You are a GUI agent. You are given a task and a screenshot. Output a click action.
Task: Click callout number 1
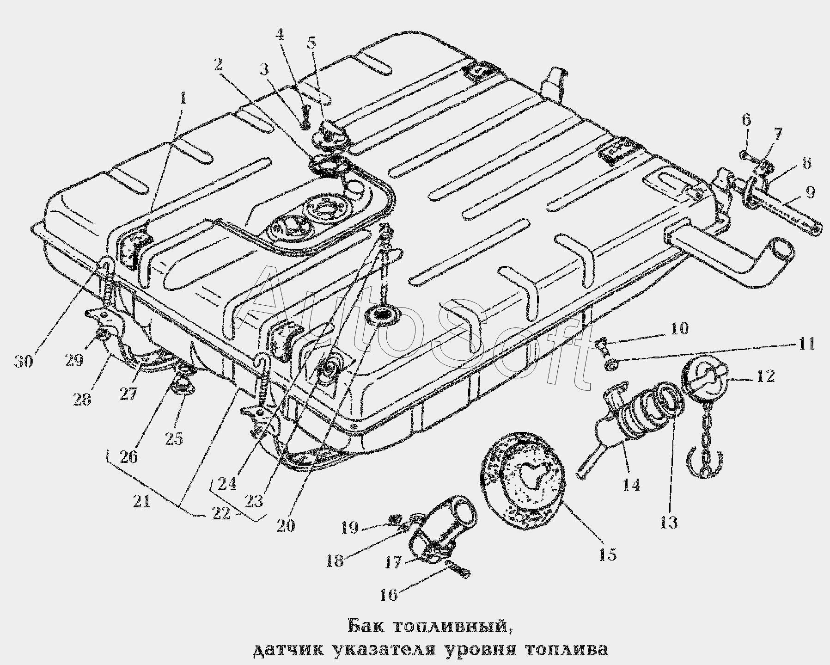tap(183, 99)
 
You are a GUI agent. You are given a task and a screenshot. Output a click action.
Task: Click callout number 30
tap(24, 361)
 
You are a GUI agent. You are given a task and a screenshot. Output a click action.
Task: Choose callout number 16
tap(389, 595)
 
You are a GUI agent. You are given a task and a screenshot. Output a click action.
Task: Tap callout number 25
tap(174, 438)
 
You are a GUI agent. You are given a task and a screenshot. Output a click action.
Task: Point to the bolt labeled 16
tap(457, 569)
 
